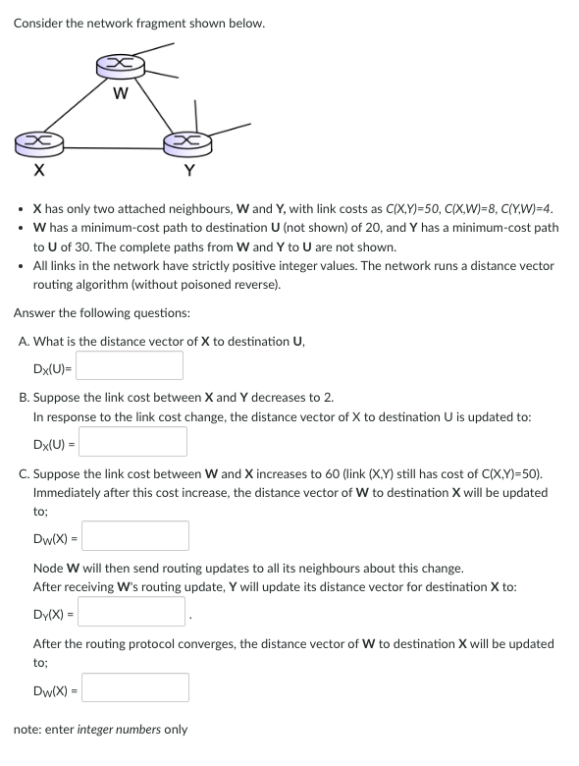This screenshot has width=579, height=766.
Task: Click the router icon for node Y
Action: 189,145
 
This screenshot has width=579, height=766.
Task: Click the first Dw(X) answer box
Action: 136,536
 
